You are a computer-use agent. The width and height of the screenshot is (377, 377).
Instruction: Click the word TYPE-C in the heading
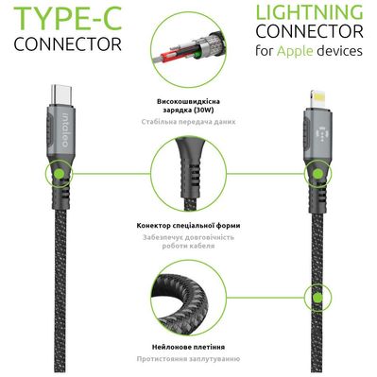point(60,17)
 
